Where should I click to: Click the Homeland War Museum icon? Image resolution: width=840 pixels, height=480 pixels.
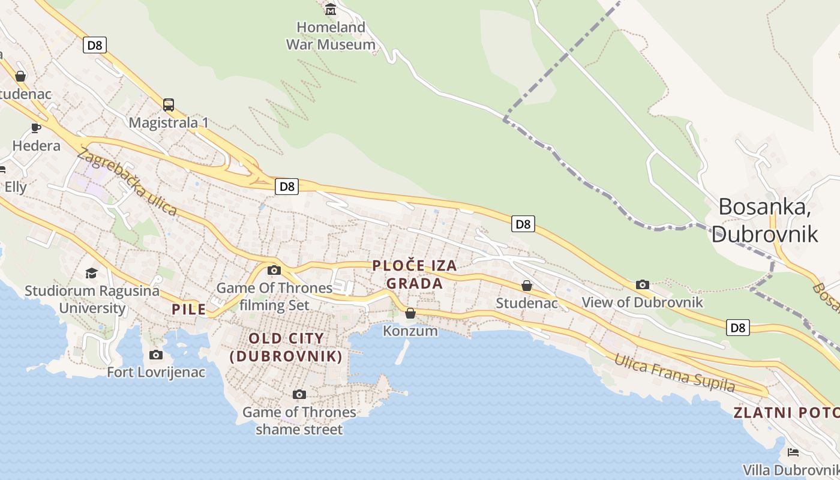point(331,9)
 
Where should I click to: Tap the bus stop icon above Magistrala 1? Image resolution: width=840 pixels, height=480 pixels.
point(169,105)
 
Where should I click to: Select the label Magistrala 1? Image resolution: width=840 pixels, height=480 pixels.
point(169,123)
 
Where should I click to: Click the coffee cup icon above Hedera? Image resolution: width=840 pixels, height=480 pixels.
point(36,128)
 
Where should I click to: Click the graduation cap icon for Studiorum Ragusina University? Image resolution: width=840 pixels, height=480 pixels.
point(91,274)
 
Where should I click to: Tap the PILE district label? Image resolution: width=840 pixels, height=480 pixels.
point(189,310)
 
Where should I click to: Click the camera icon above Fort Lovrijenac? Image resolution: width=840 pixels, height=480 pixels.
point(156,355)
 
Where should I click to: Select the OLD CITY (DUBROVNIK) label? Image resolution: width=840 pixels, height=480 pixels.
point(286,347)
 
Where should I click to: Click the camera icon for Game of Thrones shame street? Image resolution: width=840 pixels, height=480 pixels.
point(299,394)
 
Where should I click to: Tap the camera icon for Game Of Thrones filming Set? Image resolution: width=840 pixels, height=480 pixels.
point(274,271)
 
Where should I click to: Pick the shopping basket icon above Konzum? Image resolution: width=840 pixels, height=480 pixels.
point(410,313)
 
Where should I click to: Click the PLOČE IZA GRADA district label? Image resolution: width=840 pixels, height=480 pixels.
point(415,274)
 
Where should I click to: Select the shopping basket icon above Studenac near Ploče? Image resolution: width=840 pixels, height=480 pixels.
point(527,286)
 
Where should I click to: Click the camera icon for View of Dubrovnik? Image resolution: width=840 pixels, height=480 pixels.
point(643,284)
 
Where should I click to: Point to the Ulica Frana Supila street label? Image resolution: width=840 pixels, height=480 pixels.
point(674,373)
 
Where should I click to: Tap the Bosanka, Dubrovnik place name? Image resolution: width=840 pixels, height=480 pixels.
point(764,220)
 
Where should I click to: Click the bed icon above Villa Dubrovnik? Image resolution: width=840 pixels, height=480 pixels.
point(793,452)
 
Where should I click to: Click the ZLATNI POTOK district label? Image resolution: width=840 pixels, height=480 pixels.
point(786,413)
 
